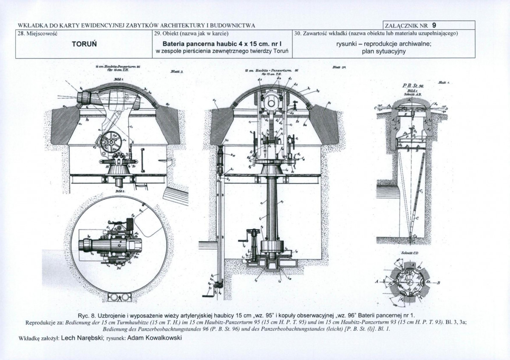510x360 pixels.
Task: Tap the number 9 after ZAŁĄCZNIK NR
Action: point(434,25)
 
